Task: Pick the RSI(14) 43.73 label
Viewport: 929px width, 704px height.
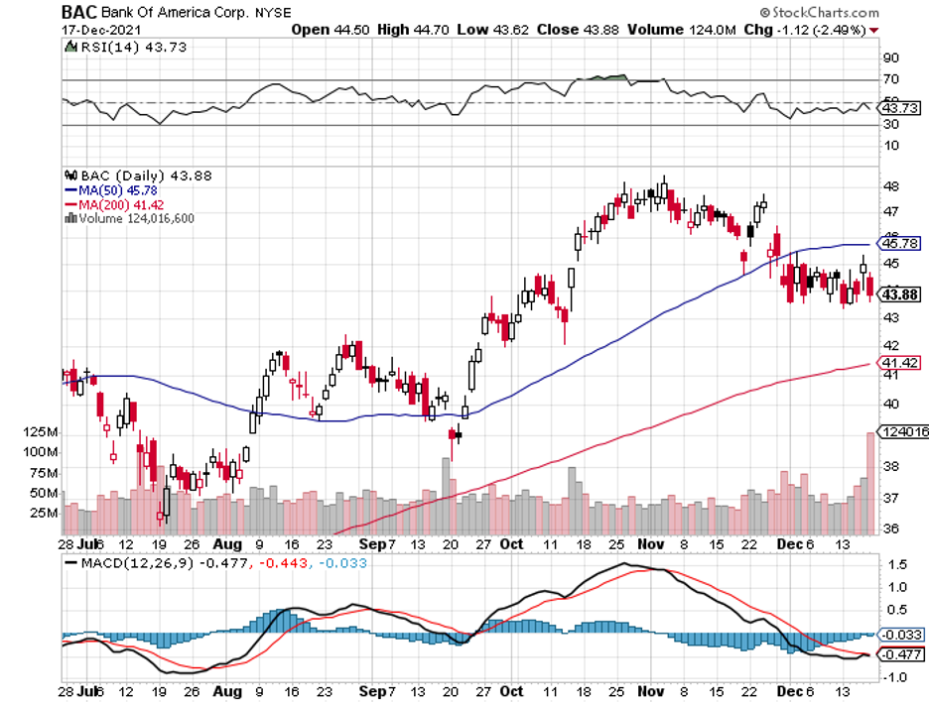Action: coord(115,47)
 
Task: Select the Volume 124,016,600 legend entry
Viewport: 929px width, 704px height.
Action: coord(134,218)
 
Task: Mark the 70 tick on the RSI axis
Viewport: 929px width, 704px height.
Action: coord(890,79)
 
